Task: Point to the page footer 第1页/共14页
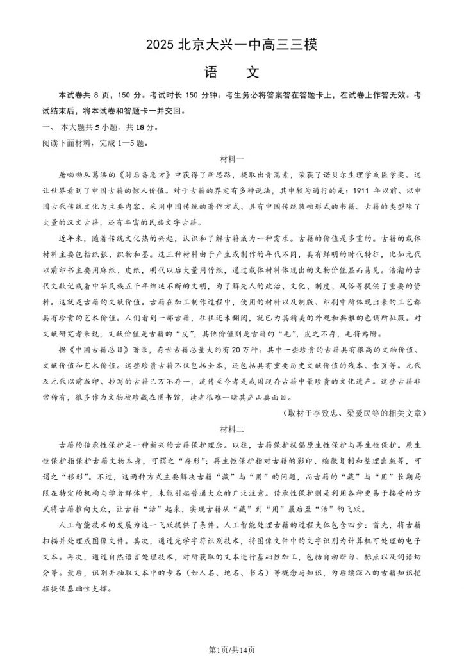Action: click(232, 648)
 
